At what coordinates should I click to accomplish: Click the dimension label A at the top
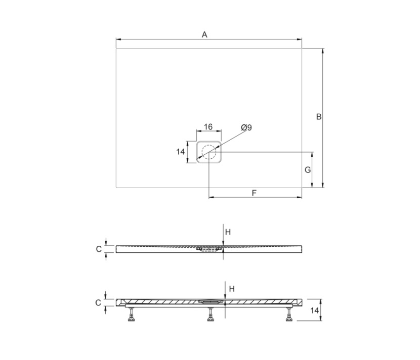click(204, 34)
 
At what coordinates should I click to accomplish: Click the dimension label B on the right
click(318, 117)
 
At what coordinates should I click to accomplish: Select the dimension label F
click(255, 193)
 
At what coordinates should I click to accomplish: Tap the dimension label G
click(308, 170)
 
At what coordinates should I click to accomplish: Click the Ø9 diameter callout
click(246, 128)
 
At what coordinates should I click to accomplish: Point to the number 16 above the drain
click(208, 127)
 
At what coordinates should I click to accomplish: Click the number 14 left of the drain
click(180, 152)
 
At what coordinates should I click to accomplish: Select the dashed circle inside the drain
click(208, 152)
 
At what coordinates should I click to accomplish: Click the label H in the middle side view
click(228, 232)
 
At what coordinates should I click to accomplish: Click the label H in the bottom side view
click(232, 289)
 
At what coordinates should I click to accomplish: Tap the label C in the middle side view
click(99, 249)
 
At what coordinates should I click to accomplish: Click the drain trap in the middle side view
click(209, 249)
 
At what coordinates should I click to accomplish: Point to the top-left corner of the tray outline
click(116, 49)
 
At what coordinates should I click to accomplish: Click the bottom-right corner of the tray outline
click(302, 187)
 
